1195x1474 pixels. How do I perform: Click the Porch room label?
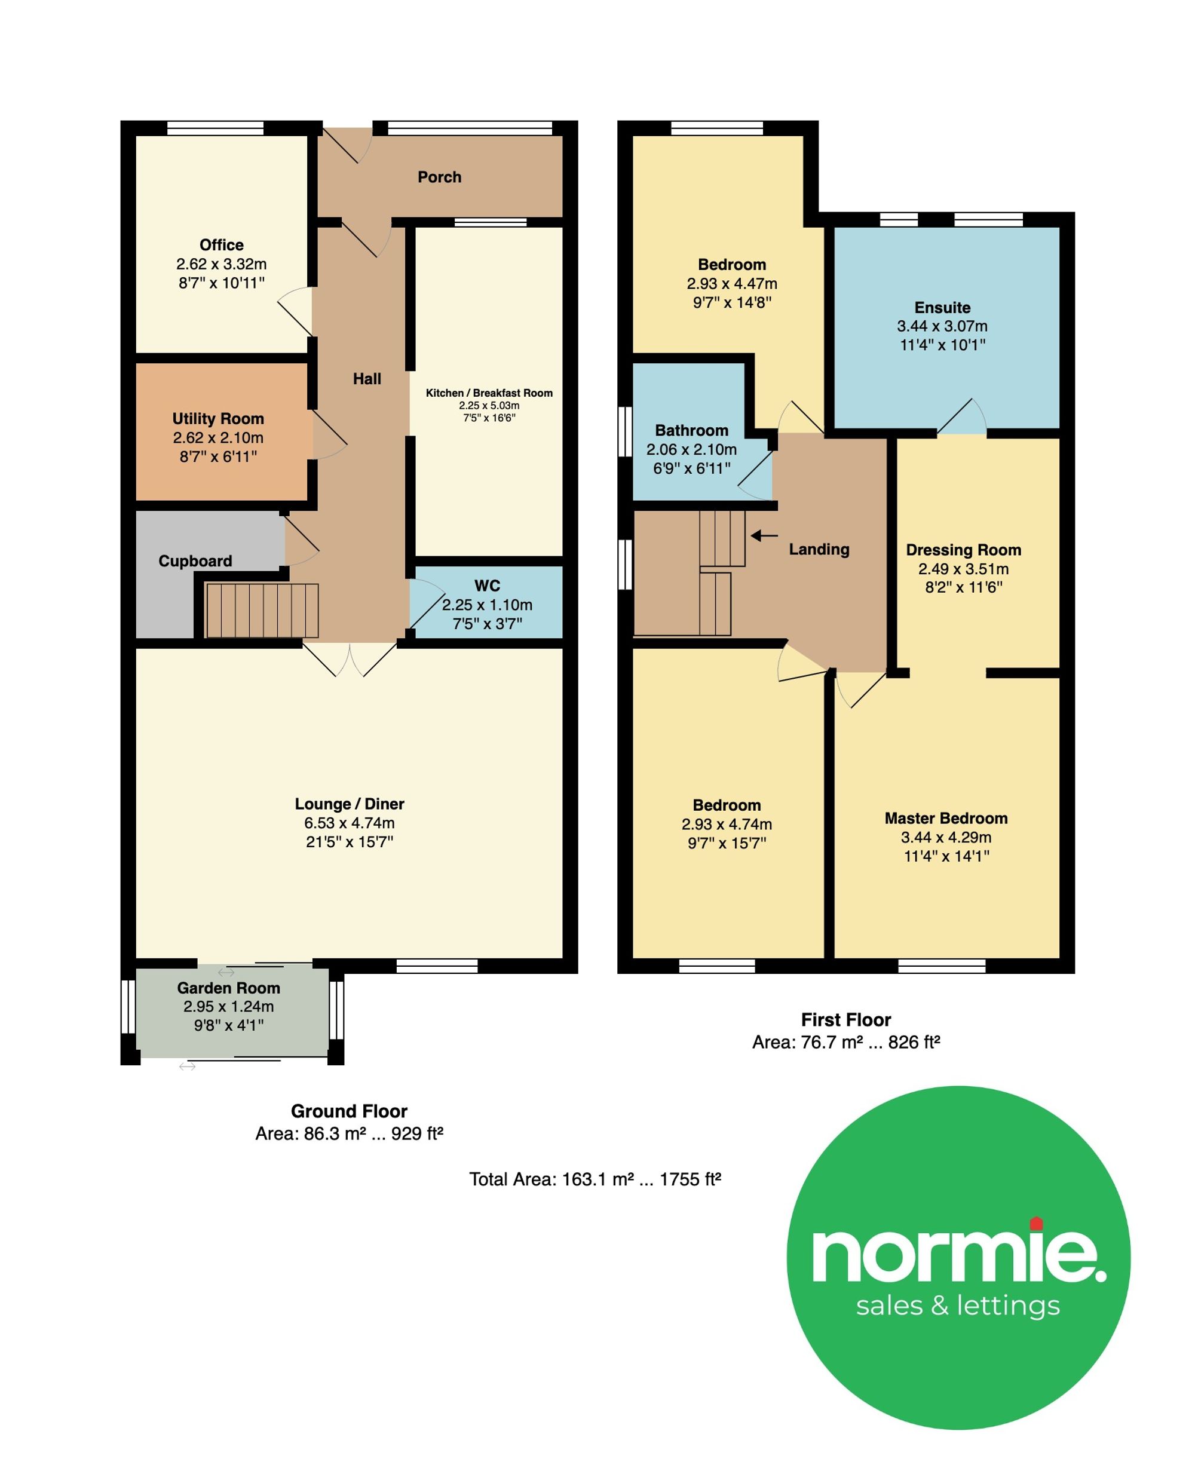click(439, 177)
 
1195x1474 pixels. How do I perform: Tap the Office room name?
click(222, 245)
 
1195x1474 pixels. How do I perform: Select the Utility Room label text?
click(218, 419)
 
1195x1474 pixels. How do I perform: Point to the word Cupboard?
click(195, 561)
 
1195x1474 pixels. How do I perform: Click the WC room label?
click(488, 586)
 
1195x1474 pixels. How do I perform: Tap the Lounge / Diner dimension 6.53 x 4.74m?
click(350, 823)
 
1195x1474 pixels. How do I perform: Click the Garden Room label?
click(228, 988)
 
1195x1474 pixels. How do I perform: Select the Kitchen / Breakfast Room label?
click(489, 393)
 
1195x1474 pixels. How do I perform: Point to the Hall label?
click(367, 379)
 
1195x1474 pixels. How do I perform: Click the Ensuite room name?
click(942, 308)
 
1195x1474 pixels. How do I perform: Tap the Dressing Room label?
click(964, 550)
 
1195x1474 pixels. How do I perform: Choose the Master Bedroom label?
click(946, 819)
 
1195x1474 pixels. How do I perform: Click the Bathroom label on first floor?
click(692, 430)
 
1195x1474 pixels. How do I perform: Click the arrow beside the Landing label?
click(764, 535)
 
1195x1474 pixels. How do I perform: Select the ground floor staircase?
click(262, 611)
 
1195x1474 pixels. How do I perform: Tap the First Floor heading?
click(846, 1020)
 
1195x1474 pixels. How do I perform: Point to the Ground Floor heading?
click(349, 1111)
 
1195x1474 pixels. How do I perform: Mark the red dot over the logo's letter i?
click(1037, 1224)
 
